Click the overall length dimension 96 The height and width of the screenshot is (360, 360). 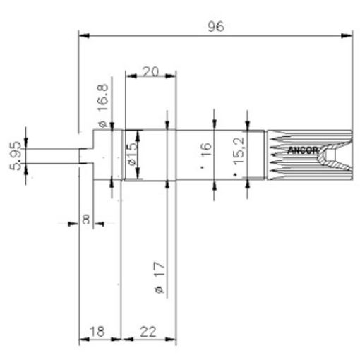click(x=215, y=26)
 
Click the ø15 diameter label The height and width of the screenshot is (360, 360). click(x=132, y=153)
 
